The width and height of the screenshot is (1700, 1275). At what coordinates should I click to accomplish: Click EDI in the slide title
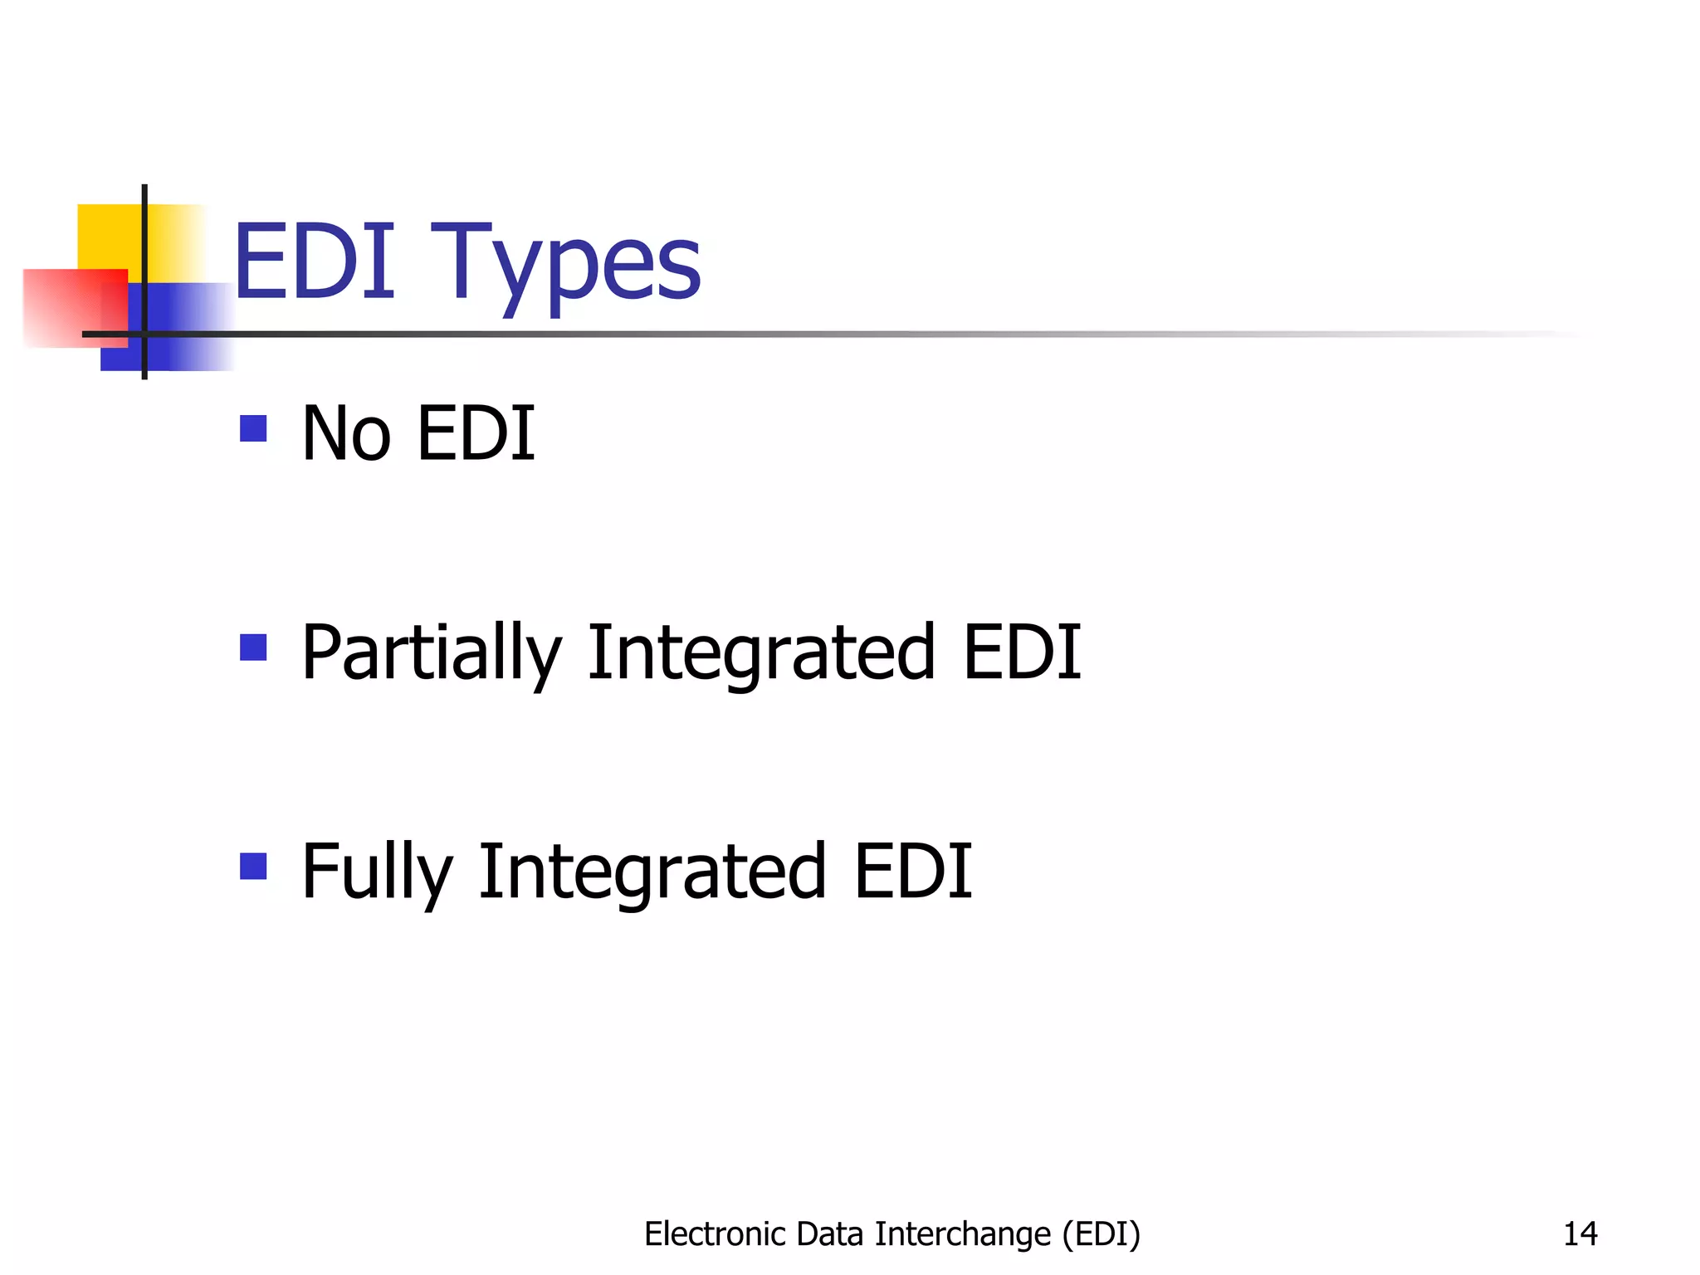[315, 262]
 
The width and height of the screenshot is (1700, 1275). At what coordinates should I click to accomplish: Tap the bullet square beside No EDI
[253, 428]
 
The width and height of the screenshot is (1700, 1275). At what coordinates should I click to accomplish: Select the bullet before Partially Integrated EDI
[253, 647]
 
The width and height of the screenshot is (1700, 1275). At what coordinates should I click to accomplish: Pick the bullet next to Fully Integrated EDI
[253, 866]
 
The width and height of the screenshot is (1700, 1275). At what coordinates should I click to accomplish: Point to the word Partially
[432, 654]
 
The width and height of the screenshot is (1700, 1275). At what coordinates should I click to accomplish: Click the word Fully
[377, 872]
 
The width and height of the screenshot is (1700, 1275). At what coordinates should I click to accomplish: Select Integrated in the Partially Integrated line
[762, 654]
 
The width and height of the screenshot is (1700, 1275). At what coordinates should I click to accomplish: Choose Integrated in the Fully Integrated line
[652, 872]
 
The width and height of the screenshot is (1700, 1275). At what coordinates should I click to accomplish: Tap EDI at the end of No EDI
[476, 433]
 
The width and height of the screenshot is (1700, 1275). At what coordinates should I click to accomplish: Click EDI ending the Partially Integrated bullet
[1022, 652]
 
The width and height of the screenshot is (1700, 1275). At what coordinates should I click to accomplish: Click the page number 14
[1580, 1234]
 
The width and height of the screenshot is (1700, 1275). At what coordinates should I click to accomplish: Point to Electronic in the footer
[715, 1234]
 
